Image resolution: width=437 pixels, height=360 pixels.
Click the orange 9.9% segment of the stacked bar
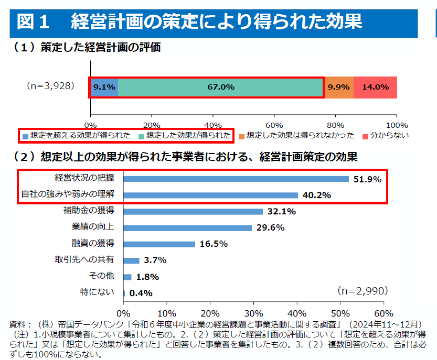point(338,87)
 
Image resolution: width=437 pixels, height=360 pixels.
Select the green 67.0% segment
point(220,87)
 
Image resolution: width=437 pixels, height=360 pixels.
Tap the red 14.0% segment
point(375,87)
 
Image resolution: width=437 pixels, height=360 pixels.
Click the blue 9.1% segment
point(104,87)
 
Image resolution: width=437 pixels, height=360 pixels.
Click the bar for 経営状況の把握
point(236,179)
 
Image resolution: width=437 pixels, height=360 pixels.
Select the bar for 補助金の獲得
point(193,212)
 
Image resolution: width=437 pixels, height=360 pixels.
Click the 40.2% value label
point(316,195)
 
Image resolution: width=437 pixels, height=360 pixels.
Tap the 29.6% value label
point(271,228)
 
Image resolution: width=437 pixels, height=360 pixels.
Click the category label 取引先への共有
point(85,260)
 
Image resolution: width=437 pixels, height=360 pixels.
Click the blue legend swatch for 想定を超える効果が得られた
point(25,136)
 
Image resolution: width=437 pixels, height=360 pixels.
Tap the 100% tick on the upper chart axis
point(397,125)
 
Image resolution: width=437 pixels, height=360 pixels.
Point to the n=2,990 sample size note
point(363,290)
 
